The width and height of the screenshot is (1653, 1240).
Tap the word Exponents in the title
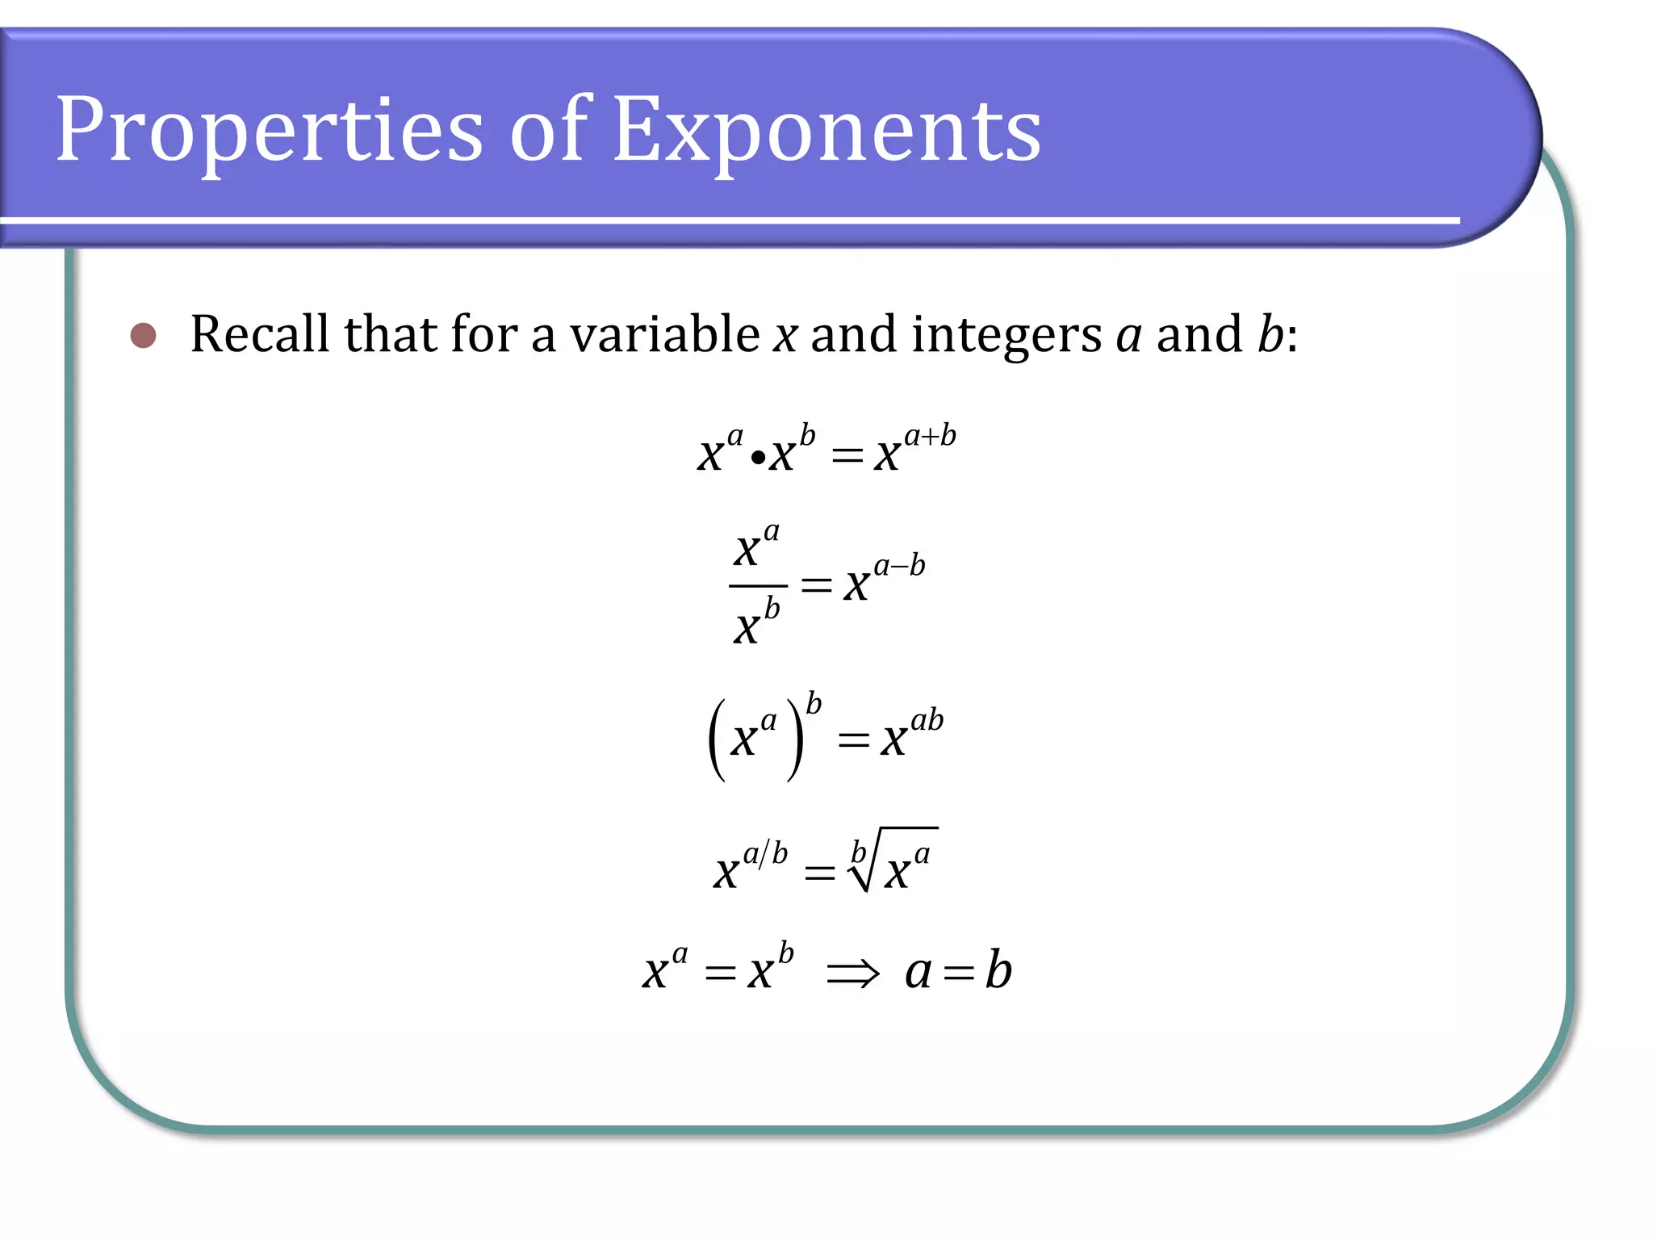(826, 131)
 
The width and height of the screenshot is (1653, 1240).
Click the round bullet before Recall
(143, 335)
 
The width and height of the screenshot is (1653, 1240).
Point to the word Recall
(260, 333)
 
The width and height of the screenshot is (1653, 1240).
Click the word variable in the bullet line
(664, 333)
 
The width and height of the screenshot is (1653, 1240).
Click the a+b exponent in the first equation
(930, 437)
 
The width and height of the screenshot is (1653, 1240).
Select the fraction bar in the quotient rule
(758, 585)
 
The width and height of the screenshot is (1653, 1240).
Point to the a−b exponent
(899, 566)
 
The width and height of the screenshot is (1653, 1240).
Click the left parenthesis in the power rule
(717, 739)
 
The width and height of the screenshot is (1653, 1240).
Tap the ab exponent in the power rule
(927, 719)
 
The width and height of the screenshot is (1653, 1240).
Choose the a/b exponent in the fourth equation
(764, 853)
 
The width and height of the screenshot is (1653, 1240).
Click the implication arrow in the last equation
(852, 973)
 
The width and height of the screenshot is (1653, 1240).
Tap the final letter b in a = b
(998, 970)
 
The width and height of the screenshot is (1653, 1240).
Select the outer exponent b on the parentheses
(814, 704)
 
